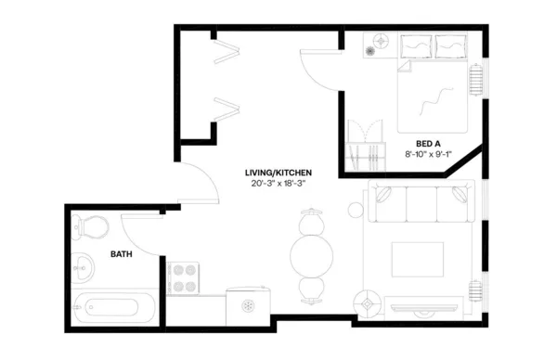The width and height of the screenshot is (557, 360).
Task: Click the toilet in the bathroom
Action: pos(87,225)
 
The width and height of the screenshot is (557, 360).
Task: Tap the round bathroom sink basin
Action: pos(83,265)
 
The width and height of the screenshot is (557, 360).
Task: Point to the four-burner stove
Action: pos(184,276)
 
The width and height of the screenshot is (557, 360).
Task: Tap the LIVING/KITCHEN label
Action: pos(278,173)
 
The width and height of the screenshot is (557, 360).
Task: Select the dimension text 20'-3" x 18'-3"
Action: pos(278,184)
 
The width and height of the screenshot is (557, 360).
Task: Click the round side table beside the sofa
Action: pos(357,209)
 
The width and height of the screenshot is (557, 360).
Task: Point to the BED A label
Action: pos(428,143)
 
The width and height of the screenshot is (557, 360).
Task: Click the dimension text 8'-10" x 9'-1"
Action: pos(428,154)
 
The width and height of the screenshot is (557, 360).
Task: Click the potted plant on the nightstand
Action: pos(380,40)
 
